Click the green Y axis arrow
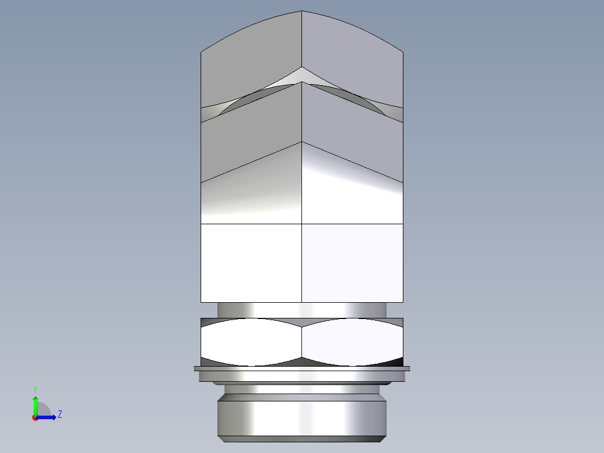point(35,405)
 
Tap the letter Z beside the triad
point(59,414)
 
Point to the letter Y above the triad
point(35,389)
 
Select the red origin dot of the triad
point(35,417)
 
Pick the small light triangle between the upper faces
point(302,76)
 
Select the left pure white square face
point(251,262)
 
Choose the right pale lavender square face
point(352,262)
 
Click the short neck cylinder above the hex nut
point(302,310)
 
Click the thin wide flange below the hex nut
point(302,368)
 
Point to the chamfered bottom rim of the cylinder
point(302,438)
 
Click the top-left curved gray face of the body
point(251,62)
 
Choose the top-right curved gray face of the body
point(352,62)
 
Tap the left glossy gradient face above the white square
point(251,191)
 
